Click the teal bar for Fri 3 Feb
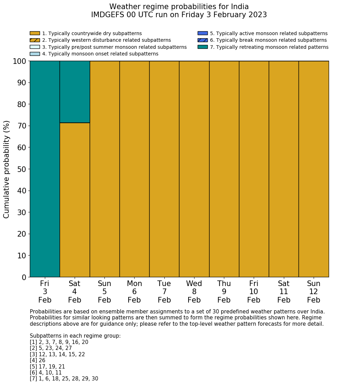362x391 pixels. [45, 169]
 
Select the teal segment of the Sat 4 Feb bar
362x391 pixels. [75, 92]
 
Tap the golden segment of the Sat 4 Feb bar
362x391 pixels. [75, 200]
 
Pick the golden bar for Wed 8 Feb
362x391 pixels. [194, 169]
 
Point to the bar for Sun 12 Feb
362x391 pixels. [314, 169]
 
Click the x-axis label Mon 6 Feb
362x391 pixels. [134, 292]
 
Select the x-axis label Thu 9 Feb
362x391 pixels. [224, 292]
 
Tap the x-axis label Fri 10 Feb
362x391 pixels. [254, 292]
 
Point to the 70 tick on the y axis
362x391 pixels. [22, 126]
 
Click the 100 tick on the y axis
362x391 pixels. [20, 61]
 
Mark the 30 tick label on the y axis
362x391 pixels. [22, 212]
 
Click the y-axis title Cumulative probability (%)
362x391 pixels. [7, 169]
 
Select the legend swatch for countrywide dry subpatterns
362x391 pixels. [35, 33]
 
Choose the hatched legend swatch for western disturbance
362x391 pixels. [35, 40]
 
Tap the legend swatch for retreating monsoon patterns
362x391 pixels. [203, 47]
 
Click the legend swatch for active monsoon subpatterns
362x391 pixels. [203, 33]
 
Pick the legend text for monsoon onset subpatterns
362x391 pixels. [100, 54]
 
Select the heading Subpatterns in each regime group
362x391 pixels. [75, 336]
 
